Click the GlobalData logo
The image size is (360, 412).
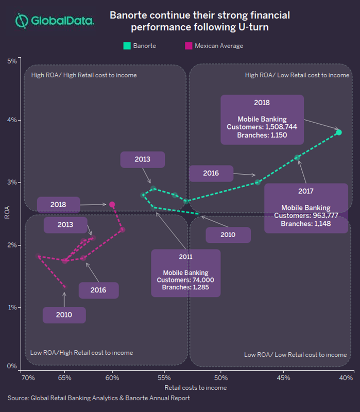click(x=54, y=21)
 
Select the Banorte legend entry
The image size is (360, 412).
click(x=140, y=46)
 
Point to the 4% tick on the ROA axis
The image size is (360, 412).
click(x=11, y=120)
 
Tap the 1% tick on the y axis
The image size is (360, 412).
click(x=11, y=307)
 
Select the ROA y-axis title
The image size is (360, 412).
click(x=7, y=213)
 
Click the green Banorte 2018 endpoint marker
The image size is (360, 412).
click(x=339, y=133)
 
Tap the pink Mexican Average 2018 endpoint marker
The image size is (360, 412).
click(x=112, y=205)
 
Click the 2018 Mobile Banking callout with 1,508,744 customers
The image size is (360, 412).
click(x=262, y=119)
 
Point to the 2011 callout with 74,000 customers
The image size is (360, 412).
click(x=185, y=273)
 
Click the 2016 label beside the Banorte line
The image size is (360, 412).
click(x=211, y=173)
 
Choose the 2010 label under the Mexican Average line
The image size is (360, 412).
click(x=64, y=315)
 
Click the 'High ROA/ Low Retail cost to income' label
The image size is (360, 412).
click(x=297, y=75)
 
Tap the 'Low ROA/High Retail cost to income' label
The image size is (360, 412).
click(x=82, y=353)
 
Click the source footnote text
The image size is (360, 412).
click(x=98, y=398)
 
